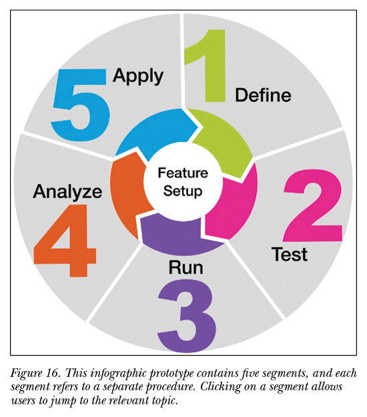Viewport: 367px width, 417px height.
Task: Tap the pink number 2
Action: pyautogui.click(x=313, y=205)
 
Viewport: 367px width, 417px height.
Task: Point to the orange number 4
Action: pyautogui.click(x=65, y=241)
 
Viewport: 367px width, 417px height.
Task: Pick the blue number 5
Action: pyautogui.click(x=80, y=105)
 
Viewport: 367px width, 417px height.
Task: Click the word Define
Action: pyautogui.click(x=263, y=95)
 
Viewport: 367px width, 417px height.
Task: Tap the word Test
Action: pyautogui.click(x=290, y=254)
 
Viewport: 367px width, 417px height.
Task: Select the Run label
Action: pyautogui.click(x=186, y=267)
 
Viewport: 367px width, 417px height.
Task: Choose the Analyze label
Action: pyautogui.click(x=67, y=192)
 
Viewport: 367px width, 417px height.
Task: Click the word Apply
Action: pyautogui.click(x=138, y=76)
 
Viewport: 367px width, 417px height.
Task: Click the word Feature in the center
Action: pyautogui.click(x=183, y=173)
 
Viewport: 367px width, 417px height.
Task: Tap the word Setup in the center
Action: pyautogui.click(x=183, y=191)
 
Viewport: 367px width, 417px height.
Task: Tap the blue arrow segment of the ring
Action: pyautogui.click(x=154, y=130)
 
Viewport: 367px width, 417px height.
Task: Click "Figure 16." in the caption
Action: pyautogui.click(x=35, y=373)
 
